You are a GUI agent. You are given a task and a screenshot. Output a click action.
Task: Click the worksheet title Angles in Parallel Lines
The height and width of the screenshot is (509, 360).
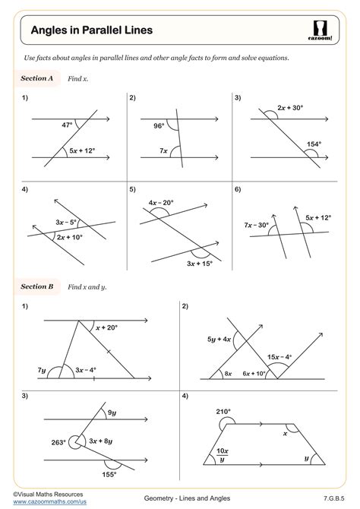click(91, 30)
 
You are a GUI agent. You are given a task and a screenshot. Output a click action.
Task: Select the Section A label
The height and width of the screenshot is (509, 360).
click(36, 78)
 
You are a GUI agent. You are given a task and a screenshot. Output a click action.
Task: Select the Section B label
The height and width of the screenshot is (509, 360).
click(36, 286)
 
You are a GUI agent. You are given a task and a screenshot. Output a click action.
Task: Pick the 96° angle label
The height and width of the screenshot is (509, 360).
click(158, 126)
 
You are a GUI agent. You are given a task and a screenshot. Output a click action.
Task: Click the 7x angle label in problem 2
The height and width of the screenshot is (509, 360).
click(163, 150)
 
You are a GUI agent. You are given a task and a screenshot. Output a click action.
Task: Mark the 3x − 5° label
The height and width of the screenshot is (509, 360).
click(68, 222)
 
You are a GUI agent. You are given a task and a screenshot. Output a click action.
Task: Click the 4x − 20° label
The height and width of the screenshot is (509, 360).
click(161, 203)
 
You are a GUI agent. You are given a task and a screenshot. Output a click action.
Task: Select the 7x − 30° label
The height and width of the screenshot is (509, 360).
click(258, 226)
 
